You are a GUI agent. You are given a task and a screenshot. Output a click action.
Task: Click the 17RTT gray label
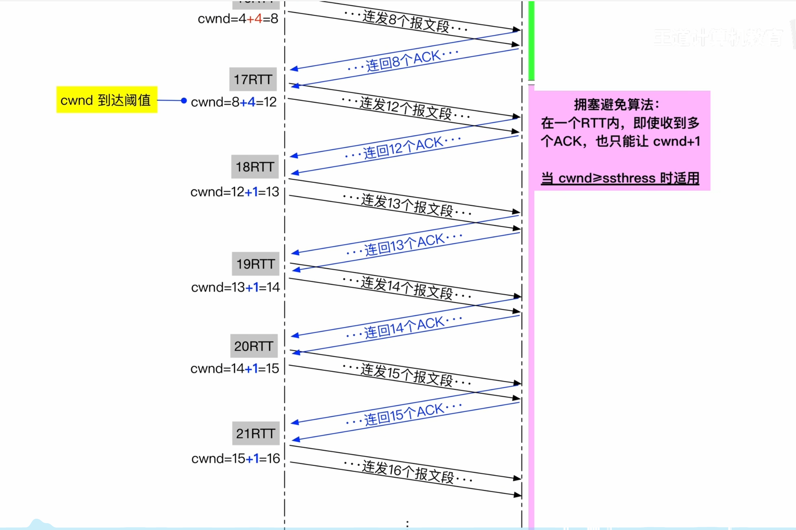click(253, 79)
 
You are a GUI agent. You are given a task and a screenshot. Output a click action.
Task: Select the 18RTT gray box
click(255, 167)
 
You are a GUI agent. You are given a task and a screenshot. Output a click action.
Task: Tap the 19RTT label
click(256, 264)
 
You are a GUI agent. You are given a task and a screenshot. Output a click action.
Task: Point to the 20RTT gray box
click(254, 346)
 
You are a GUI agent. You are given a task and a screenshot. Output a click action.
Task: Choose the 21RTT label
click(256, 433)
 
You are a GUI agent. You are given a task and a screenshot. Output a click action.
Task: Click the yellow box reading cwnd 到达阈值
click(106, 100)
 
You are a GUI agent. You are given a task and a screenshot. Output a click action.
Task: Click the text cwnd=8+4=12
click(234, 102)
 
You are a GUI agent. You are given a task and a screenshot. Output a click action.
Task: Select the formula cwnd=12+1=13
click(235, 192)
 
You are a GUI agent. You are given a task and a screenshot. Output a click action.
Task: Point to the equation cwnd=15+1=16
click(235, 458)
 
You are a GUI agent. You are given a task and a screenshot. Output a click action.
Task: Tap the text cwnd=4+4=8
click(238, 19)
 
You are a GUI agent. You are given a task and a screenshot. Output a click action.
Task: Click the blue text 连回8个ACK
click(403, 60)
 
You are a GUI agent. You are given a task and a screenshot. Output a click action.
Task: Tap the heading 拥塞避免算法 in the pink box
click(617, 105)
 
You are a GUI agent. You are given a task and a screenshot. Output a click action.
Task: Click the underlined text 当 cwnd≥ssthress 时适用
click(620, 178)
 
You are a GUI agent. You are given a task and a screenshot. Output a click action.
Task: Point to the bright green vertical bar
click(531, 40)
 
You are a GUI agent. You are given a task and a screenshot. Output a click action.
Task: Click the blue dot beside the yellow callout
click(184, 100)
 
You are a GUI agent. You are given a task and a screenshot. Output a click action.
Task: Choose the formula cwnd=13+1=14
click(235, 287)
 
